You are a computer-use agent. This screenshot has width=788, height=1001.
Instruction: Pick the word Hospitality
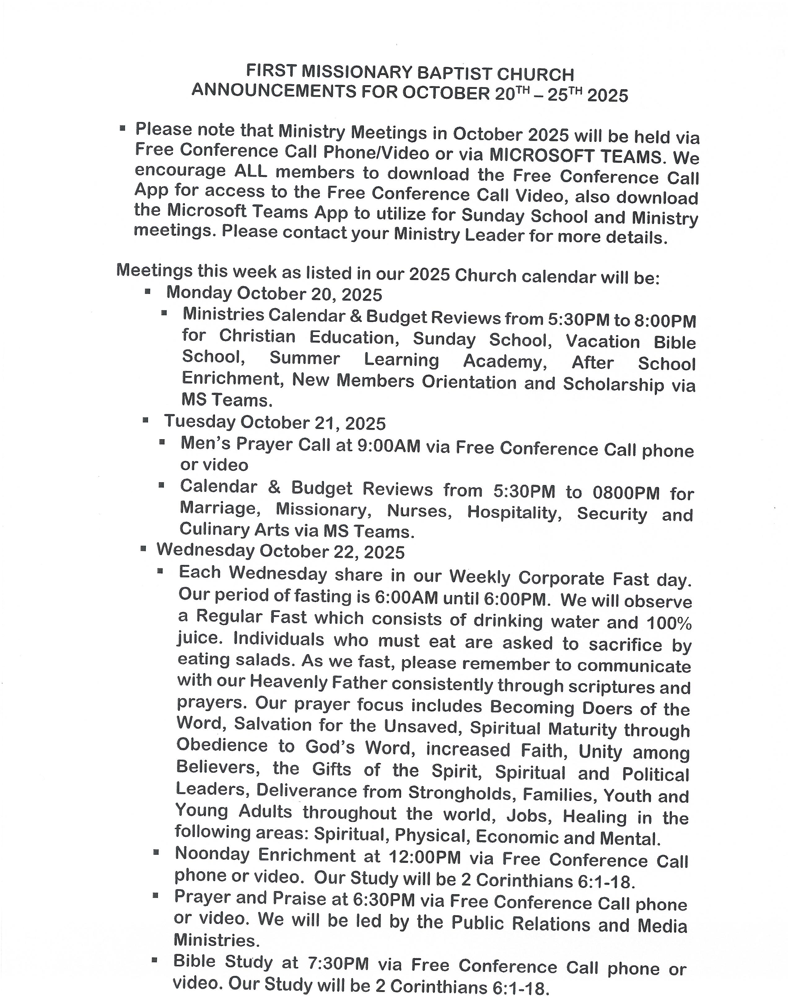(514, 512)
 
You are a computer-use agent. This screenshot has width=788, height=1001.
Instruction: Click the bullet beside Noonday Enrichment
(156, 853)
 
